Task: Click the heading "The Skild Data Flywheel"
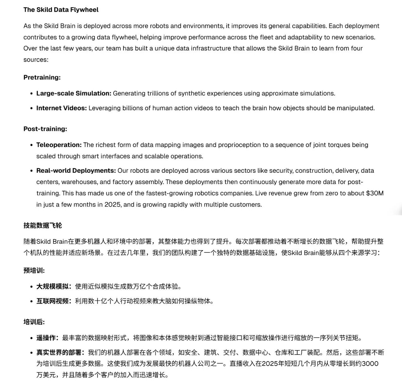(x=61, y=10)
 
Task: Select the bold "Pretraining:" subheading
(x=42, y=77)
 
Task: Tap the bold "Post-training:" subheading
(x=45, y=129)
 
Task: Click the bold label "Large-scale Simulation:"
(x=74, y=93)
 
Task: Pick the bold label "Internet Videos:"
(x=62, y=108)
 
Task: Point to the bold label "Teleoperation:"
(x=59, y=145)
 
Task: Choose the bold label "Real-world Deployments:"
(x=76, y=171)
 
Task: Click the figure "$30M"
(x=375, y=193)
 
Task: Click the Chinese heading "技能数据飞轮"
(x=43, y=225)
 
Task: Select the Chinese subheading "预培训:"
(x=34, y=271)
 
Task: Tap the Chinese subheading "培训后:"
(x=34, y=322)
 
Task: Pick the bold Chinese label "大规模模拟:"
(x=53, y=287)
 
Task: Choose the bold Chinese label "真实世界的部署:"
(x=60, y=352)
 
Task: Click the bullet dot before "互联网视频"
(x=31, y=302)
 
